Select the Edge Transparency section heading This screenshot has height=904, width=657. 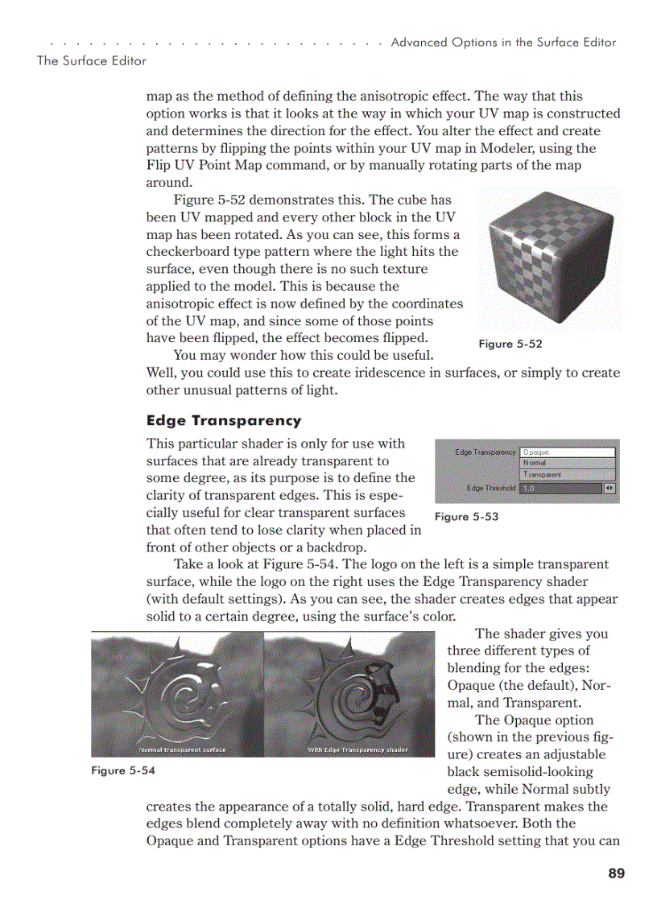pos(224,420)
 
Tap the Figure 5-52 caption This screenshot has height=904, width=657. pos(510,345)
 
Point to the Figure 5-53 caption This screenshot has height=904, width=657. pos(466,517)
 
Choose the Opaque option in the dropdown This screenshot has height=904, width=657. pos(567,452)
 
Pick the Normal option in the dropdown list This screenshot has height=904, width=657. pos(567,464)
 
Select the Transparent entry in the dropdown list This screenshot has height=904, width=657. pos(567,475)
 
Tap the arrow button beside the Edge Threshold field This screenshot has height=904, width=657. pos(609,489)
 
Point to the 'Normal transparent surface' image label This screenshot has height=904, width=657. pos(183,750)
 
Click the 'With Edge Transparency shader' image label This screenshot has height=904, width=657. pos(357,750)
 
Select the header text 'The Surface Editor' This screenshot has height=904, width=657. pos(92,61)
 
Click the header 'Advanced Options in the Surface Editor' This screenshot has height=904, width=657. pos(503,43)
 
